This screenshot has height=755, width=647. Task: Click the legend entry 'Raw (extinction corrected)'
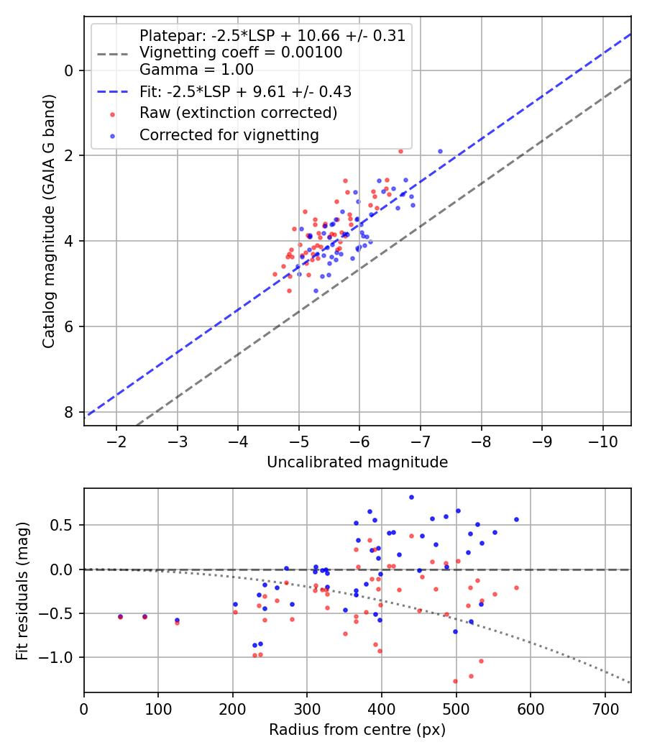[238, 113]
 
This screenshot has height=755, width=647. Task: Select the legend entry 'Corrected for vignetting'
[229, 134]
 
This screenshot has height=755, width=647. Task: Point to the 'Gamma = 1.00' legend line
[196, 70]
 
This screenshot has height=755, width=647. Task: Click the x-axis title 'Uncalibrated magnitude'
[357, 462]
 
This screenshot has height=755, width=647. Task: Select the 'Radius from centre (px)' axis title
[357, 730]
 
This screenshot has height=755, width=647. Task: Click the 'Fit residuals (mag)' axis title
[23, 590]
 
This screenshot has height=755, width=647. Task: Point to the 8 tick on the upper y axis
[70, 412]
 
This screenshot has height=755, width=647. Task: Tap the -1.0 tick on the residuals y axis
[63, 657]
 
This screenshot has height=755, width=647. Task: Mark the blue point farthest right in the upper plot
[440, 151]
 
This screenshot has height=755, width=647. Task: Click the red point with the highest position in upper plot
[400, 151]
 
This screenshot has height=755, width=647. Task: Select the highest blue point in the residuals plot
[411, 497]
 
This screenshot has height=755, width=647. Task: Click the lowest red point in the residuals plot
[455, 681]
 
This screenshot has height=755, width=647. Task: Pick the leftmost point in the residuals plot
[120, 617]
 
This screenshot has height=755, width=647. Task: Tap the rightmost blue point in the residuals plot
[516, 519]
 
